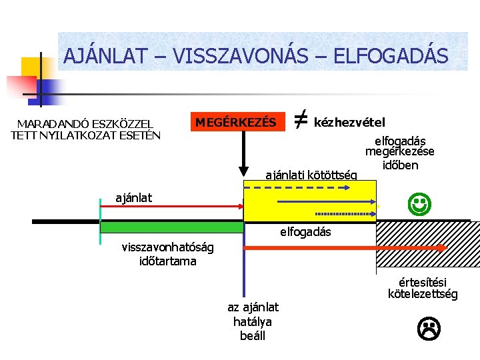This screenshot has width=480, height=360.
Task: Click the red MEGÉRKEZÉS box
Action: (235, 122)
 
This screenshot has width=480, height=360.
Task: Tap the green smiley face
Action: (419, 203)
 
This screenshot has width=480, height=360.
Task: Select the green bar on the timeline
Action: (172, 227)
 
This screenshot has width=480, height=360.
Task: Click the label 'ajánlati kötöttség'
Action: (311, 175)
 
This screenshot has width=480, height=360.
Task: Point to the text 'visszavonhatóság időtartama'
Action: (168, 254)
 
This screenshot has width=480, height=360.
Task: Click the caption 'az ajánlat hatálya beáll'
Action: (253, 321)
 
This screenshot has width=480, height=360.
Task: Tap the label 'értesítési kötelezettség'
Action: (423, 287)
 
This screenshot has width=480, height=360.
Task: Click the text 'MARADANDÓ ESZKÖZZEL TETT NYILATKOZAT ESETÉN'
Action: (86, 129)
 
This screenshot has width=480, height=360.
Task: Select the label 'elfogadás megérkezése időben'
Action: (400, 153)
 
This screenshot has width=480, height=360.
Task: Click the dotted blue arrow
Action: (345, 214)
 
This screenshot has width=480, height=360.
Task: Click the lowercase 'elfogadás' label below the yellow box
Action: (305, 233)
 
